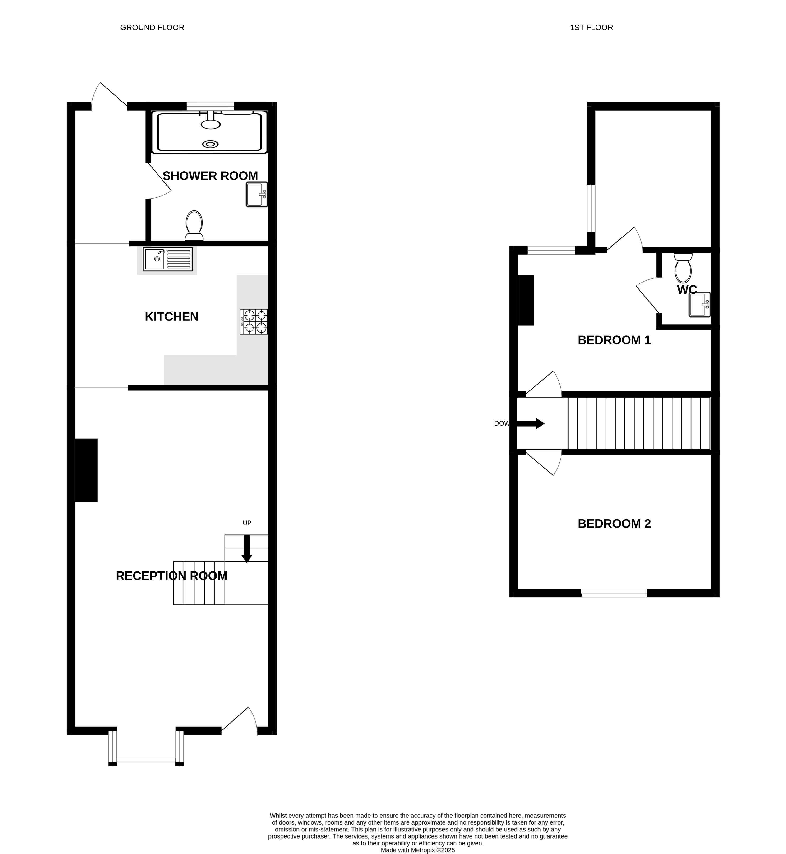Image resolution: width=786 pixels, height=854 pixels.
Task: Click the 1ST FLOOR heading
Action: tap(591, 28)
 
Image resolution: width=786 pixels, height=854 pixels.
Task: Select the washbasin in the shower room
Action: tap(257, 194)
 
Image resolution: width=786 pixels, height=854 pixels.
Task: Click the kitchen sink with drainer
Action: tap(168, 260)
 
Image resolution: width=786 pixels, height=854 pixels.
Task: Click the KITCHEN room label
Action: tap(171, 317)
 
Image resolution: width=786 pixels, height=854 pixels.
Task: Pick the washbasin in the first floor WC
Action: tap(700, 305)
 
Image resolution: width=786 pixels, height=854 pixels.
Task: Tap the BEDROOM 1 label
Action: tap(614, 340)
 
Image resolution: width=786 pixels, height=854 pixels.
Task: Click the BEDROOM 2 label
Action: tap(614, 524)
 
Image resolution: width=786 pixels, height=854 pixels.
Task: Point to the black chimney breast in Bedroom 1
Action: tap(526, 300)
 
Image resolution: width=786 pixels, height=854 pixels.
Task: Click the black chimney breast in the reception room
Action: tap(86, 470)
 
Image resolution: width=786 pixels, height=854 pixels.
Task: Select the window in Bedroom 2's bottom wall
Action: tap(614, 593)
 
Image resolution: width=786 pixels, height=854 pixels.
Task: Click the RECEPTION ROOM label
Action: tap(171, 576)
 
